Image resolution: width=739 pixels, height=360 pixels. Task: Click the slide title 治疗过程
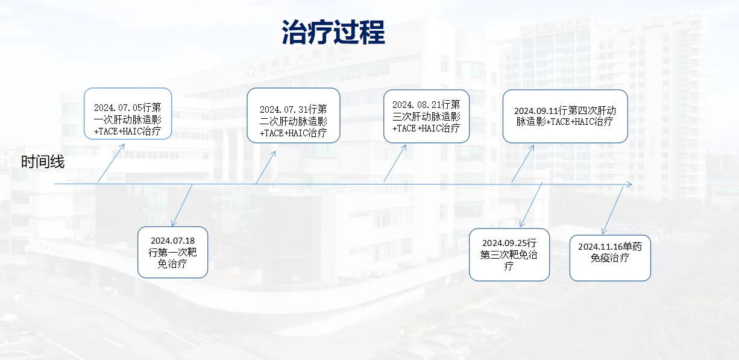coord(333,32)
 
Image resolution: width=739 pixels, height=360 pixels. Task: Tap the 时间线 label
coord(43,162)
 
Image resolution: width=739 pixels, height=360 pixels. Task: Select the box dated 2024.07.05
coord(128,113)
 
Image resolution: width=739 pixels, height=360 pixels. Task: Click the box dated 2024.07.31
coord(294,115)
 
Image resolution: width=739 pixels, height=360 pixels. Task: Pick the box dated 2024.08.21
coord(426,116)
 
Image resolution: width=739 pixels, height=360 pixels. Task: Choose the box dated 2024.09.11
coord(565,116)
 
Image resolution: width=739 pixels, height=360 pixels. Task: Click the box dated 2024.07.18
coord(172,252)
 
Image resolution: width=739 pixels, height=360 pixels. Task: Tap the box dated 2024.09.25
coord(509,254)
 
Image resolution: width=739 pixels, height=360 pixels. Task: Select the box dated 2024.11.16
coord(610,257)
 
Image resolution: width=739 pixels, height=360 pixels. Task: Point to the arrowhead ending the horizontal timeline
coord(631,185)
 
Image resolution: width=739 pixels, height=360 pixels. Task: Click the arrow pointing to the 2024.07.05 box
coord(111,163)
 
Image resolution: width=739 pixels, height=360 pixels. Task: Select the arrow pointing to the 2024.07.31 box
coord(266,167)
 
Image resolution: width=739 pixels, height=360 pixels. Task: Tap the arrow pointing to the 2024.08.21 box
coord(395,163)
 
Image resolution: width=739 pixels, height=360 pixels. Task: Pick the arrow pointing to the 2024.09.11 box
coord(523,163)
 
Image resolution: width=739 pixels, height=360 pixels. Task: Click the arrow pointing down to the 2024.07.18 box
coord(182,206)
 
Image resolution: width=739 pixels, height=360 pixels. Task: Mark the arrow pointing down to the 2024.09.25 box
coord(531,204)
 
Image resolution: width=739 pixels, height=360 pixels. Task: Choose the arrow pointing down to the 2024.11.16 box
coord(612,210)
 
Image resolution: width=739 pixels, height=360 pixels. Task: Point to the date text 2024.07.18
coord(172,241)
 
